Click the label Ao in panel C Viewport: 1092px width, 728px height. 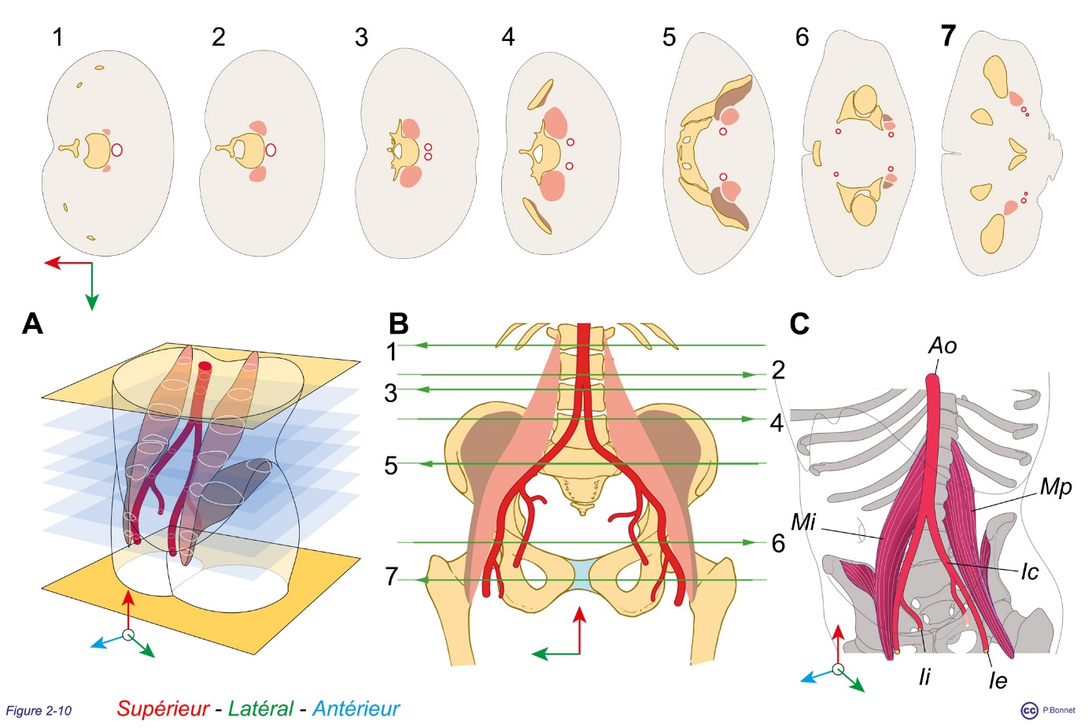click(x=943, y=346)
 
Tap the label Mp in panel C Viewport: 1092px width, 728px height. click(x=1055, y=487)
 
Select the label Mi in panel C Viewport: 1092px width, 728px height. click(x=803, y=522)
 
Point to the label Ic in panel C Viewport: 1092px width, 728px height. click(x=1029, y=572)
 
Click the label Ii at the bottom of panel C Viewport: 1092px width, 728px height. click(x=924, y=677)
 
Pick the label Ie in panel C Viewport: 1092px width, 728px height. click(x=998, y=680)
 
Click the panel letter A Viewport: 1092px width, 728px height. click(x=32, y=323)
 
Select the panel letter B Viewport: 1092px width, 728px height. click(x=399, y=323)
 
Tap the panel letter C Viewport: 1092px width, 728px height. click(x=799, y=323)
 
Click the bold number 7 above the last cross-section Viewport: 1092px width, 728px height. click(x=949, y=36)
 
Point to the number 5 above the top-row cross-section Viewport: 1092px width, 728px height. click(x=669, y=37)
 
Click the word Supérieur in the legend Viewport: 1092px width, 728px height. click(x=163, y=709)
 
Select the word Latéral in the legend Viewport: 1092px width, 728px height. click(x=260, y=709)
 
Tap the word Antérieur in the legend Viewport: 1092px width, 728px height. click(x=356, y=709)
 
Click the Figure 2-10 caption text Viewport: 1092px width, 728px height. click(x=39, y=711)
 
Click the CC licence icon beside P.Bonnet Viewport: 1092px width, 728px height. click(x=1029, y=711)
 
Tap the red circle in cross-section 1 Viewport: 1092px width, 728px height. click(x=117, y=150)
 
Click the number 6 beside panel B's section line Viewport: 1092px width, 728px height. click(x=778, y=543)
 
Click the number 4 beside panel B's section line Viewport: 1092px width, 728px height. click(x=777, y=423)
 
